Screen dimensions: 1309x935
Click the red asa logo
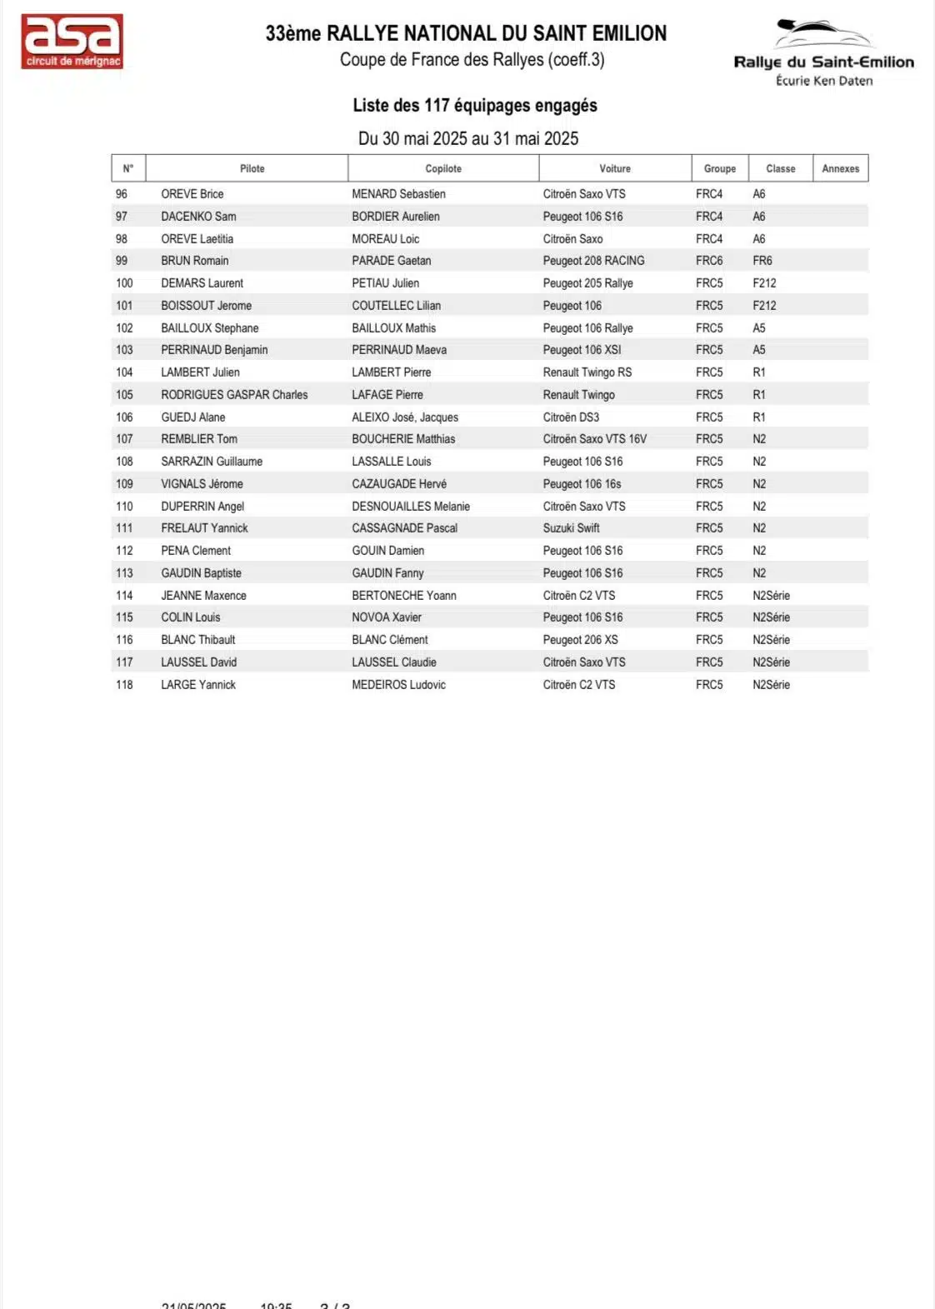[x=72, y=41]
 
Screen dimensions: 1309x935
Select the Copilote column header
[x=443, y=168]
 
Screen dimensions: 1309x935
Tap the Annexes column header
[x=840, y=168]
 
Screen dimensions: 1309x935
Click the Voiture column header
[x=615, y=168]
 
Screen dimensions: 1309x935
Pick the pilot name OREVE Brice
[x=192, y=194]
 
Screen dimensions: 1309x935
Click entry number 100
[x=124, y=283]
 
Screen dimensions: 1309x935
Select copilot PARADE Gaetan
[x=391, y=261]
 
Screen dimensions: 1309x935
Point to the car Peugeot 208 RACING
[x=593, y=261]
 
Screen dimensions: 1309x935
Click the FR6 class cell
[x=762, y=261]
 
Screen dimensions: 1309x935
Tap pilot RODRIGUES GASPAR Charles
[x=234, y=395]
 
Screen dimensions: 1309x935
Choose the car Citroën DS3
[x=571, y=417]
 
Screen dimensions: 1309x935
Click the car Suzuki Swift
[x=571, y=528]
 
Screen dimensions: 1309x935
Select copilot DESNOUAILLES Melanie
[x=411, y=507]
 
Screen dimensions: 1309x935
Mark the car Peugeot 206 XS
[x=580, y=640]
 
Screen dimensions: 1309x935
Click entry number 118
[x=124, y=685]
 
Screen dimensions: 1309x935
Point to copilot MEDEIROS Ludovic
[x=398, y=685]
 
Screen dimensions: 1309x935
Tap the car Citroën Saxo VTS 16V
[x=594, y=439]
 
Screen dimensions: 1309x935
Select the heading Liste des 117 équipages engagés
[x=475, y=106]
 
